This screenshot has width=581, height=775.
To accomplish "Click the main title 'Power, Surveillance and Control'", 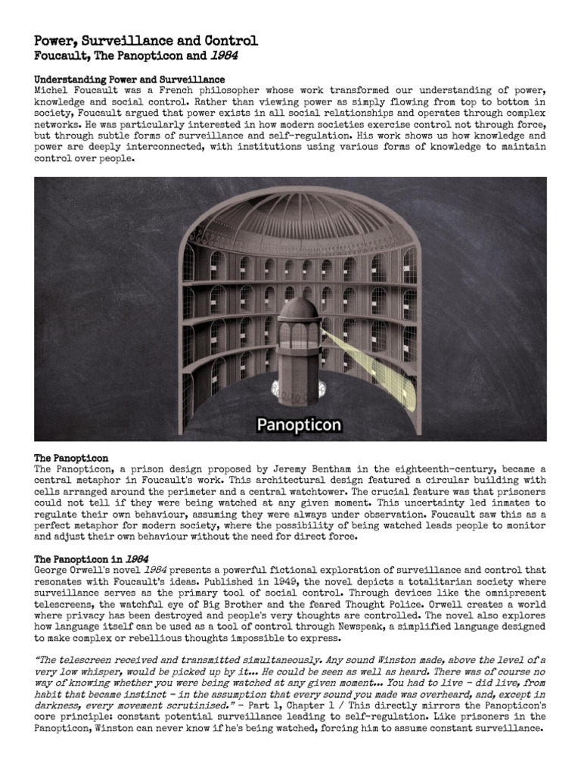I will coord(146,41).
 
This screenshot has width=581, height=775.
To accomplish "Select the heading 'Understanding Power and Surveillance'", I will coord(129,79).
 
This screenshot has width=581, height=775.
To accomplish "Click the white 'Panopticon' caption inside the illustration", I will coord(299,425).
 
